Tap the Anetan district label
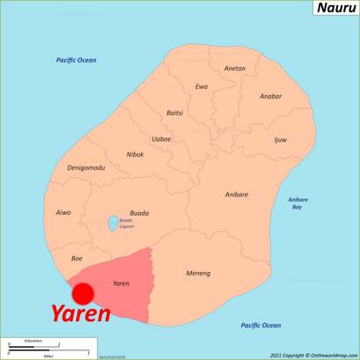click(x=235, y=68)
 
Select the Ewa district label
click(x=202, y=86)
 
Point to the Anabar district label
click(x=271, y=97)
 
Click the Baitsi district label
click(x=175, y=113)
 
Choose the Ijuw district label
click(x=280, y=140)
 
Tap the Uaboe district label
click(x=161, y=138)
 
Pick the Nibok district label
click(x=135, y=154)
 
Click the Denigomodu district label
click(x=86, y=167)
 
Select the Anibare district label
click(x=236, y=194)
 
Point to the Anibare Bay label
click(x=298, y=202)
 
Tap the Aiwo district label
click(x=63, y=212)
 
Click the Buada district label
click(x=139, y=212)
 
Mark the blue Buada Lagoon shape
click(x=113, y=224)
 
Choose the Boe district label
click(x=77, y=258)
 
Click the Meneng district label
click(x=198, y=273)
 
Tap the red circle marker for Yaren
click(x=83, y=293)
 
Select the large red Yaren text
click(x=79, y=313)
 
